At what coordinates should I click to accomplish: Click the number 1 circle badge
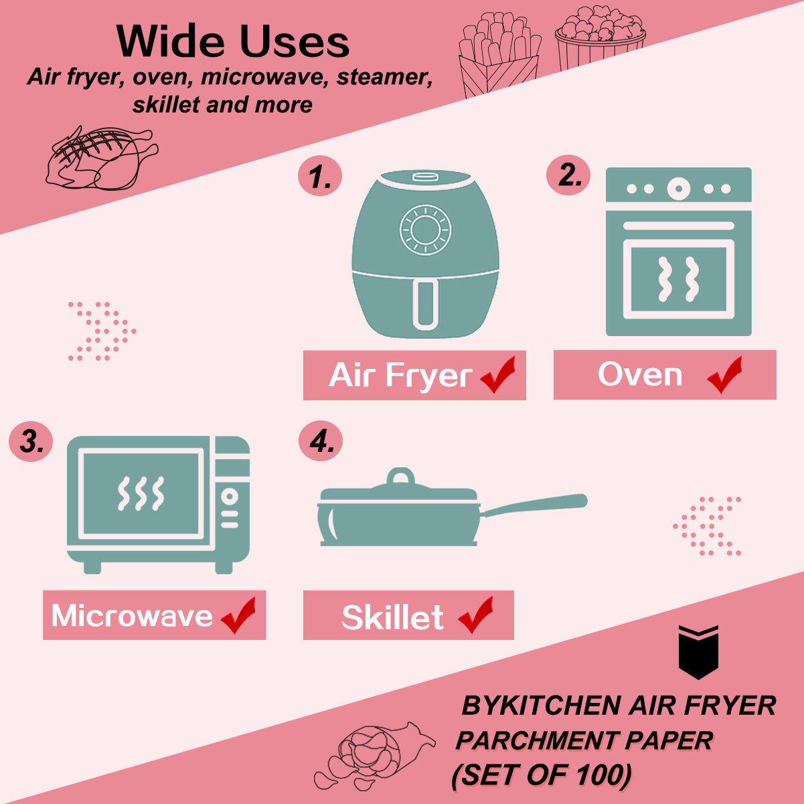pos(319,175)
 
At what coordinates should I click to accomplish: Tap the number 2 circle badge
pos(568,175)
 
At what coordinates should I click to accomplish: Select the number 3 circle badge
pos(30,440)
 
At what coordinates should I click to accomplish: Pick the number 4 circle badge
pos(321,440)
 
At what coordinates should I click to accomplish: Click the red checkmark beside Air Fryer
pos(497,374)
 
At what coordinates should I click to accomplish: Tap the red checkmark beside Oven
pos(725,374)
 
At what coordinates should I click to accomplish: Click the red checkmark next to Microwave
pos(238,615)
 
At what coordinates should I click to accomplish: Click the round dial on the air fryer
pos(425,230)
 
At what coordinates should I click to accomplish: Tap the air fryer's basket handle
pos(425,303)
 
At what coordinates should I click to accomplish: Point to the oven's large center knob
pos(678,188)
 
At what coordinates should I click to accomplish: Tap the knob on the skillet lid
pos(400,476)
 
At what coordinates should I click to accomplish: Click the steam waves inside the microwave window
pos(141,493)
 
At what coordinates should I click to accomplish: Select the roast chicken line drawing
pos(102,158)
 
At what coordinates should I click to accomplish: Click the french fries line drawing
pos(499,54)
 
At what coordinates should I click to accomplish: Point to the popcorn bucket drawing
pos(600,38)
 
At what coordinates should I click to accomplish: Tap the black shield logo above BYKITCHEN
pos(698,652)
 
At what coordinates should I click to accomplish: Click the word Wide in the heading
pos(170,42)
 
